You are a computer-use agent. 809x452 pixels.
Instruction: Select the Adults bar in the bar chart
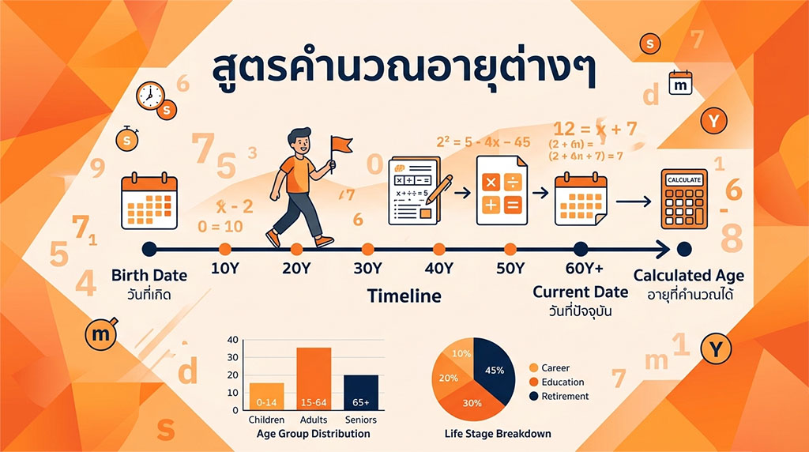coord(314,379)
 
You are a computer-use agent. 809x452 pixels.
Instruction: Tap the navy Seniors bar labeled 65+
coord(361,392)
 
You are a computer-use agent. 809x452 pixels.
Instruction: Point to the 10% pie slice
coord(460,354)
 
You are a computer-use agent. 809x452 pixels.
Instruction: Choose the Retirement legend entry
coord(564,396)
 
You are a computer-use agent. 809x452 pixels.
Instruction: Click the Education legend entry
coord(562,382)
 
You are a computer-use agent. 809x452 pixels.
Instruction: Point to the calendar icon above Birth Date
coord(149,202)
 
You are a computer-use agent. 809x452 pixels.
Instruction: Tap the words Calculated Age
coord(689,277)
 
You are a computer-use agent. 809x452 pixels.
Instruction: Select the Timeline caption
coord(404,296)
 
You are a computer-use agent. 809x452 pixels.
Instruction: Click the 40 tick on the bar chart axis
coord(232,340)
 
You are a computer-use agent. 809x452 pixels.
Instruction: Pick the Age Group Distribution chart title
coord(314,434)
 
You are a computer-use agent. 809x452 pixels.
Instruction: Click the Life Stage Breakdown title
coord(497,434)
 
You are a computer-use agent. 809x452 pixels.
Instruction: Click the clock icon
coord(149,96)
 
